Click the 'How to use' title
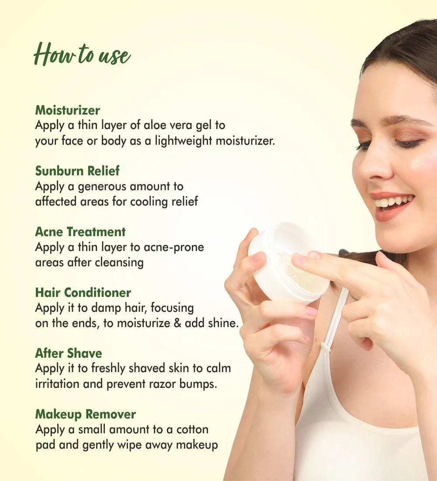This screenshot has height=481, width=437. pyautogui.click(x=82, y=55)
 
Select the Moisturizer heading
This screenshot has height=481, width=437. pyautogui.click(x=67, y=110)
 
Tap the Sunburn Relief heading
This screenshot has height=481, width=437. pyautogui.click(x=77, y=171)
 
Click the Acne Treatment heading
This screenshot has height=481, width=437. pyautogui.click(x=80, y=232)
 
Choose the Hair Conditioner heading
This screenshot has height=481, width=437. pyautogui.click(x=83, y=293)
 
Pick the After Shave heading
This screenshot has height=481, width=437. pyautogui.click(x=68, y=353)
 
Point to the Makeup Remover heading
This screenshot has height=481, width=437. pyautogui.click(x=85, y=414)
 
